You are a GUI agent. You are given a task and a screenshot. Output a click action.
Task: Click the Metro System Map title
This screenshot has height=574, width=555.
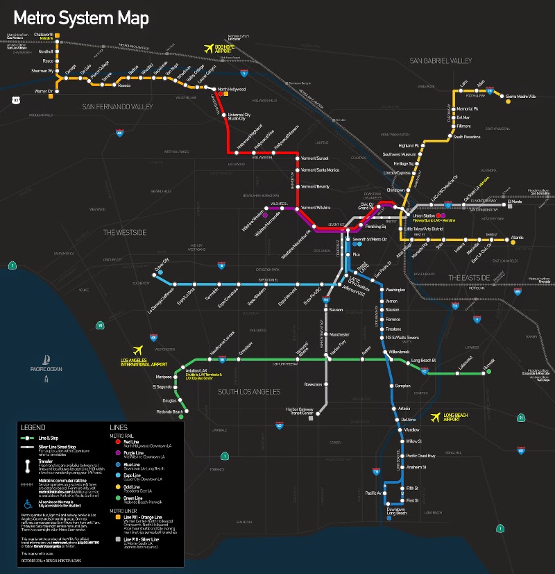point(81,18)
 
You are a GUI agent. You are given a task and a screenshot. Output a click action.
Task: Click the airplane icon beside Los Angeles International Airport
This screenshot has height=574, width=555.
point(137,350)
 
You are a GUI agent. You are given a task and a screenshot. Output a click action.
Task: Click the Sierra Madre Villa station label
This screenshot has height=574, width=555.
point(520,97)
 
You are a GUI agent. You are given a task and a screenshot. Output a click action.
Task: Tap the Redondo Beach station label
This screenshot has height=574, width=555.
point(168,411)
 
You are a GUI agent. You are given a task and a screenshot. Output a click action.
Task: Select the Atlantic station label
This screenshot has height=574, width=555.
point(517,238)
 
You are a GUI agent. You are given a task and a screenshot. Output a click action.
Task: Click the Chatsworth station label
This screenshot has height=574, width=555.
point(42,34)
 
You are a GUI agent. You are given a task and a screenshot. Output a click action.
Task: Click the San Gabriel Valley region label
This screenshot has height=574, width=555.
point(441,61)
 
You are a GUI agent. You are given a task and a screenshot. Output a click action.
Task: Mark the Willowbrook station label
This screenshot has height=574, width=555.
point(402,352)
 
